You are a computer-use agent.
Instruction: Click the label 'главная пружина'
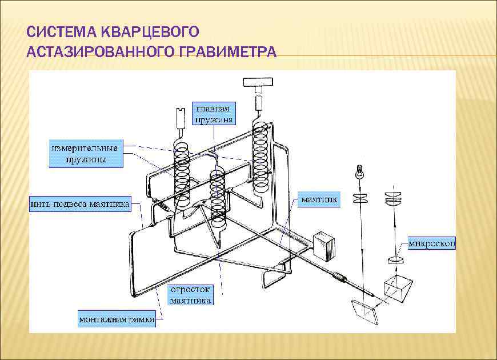(214, 113)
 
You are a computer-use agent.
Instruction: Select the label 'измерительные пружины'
(85, 153)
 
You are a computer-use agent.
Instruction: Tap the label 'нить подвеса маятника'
(80, 203)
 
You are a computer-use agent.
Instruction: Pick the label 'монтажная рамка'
(116, 319)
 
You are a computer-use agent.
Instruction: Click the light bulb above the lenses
(360, 170)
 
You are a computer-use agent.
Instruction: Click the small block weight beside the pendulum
(325, 244)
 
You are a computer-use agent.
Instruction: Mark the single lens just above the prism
(394, 261)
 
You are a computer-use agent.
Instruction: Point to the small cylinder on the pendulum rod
(340, 278)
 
